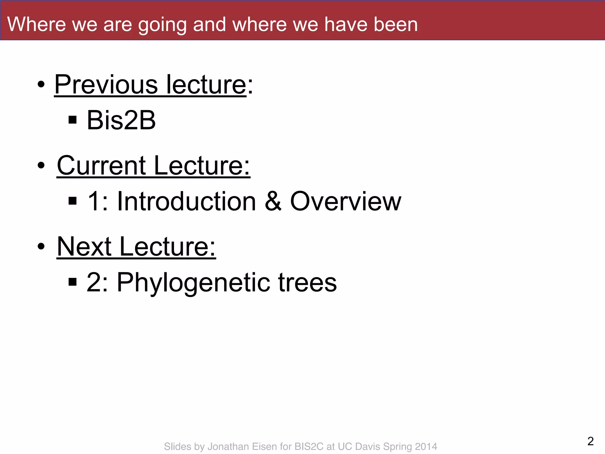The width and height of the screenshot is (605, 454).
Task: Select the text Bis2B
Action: [x=121, y=120]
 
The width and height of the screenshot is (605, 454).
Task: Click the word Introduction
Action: [x=186, y=201]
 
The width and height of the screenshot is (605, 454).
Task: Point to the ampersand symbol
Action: [x=273, y=201]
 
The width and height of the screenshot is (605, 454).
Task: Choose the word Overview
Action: [x=346, y=201]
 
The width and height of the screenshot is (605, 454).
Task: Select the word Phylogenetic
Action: [x=193, y=283]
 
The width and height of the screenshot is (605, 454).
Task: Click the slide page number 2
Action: [x=591, y=441]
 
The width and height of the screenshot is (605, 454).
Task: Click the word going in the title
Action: [x=162, y=25]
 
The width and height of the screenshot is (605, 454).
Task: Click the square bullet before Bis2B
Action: [x=72, y=120]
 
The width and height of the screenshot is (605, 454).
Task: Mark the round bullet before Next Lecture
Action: [x=41, y=246]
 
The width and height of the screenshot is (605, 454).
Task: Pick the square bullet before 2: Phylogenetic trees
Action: [x=72, y=282]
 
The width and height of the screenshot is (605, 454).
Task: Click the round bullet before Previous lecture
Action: [x=41, y=85]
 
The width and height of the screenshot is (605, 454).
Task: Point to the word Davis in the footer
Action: [x=367, y=446]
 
